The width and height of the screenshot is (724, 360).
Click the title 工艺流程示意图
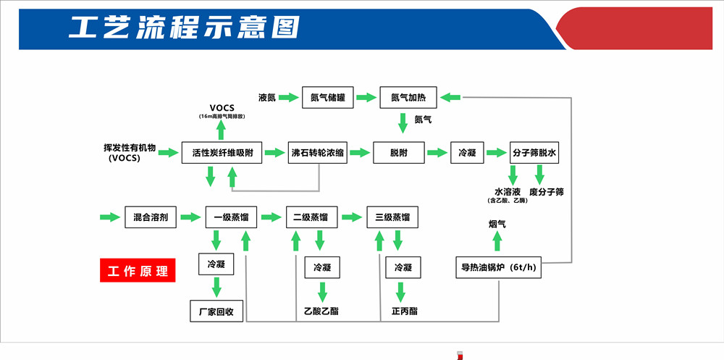184,28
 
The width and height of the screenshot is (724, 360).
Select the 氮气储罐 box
328,97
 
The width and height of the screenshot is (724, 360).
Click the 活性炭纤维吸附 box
222,153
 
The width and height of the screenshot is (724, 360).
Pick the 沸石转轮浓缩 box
318,153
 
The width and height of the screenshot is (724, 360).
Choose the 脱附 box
398,153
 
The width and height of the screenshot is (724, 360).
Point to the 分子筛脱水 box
535,153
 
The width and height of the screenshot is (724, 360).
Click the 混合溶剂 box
151,217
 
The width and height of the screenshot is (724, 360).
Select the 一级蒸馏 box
227,217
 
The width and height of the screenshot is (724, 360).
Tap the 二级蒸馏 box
311,217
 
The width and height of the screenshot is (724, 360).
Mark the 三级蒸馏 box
392,217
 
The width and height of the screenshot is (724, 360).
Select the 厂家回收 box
216,311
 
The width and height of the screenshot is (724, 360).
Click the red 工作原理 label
138,271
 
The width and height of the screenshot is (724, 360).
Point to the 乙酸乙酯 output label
321,311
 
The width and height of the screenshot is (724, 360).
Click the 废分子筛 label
547,192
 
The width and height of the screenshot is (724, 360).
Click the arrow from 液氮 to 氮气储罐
289,97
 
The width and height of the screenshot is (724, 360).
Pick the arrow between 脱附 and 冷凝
437,153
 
